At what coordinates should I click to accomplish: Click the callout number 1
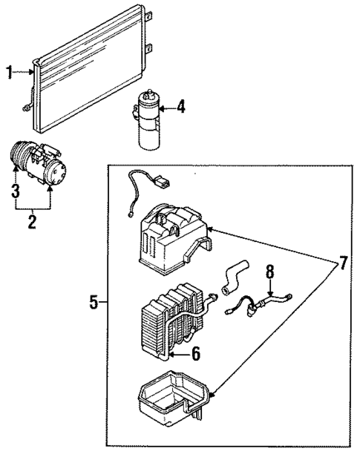click(x=10, y=72)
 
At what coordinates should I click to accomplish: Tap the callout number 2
click(x=32, y=221)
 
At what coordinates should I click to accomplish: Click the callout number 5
click(x=94, y=303)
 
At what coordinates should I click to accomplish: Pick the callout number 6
click(x=195, y=355)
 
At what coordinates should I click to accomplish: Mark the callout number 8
click(x=270, y=273)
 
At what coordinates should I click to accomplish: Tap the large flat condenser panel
click(x=93, y=70)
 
